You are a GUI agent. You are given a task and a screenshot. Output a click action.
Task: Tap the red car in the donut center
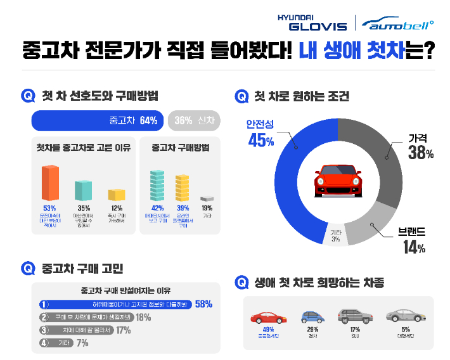tap(338, 181)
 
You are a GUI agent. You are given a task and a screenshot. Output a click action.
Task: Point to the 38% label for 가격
tap(420, 152)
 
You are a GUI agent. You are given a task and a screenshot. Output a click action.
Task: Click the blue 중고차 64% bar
tap(98, 120)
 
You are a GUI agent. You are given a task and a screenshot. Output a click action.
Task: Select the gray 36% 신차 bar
tap(194, 120)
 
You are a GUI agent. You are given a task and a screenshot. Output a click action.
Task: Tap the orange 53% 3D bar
tap(50, 183)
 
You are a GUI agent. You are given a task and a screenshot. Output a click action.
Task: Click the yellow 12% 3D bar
tap(116, 195)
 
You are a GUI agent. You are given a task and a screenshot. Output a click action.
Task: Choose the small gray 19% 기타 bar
tap(207, 198)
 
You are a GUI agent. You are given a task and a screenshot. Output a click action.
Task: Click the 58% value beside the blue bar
tap(203, 304)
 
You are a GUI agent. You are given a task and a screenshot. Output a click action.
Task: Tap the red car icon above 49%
tap(267, 318)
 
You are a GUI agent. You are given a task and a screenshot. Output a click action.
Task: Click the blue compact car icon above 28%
tap(311, 317)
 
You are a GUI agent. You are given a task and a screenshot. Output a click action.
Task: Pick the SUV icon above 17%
tap(355, 316)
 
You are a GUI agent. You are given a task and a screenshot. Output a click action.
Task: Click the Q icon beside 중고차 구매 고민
tap(28, 268)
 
